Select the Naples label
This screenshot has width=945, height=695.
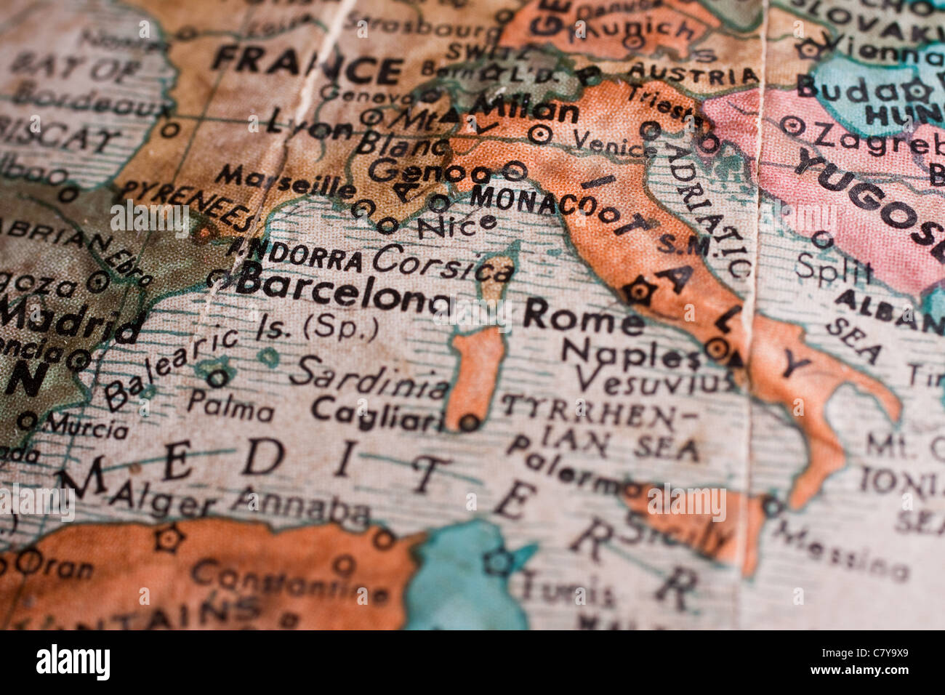tap(630, 355)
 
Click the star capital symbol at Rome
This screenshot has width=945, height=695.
tap(639, 291)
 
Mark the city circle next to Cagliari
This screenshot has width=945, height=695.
tap(470, 421)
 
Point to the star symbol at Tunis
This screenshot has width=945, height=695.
tap(499, 561)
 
